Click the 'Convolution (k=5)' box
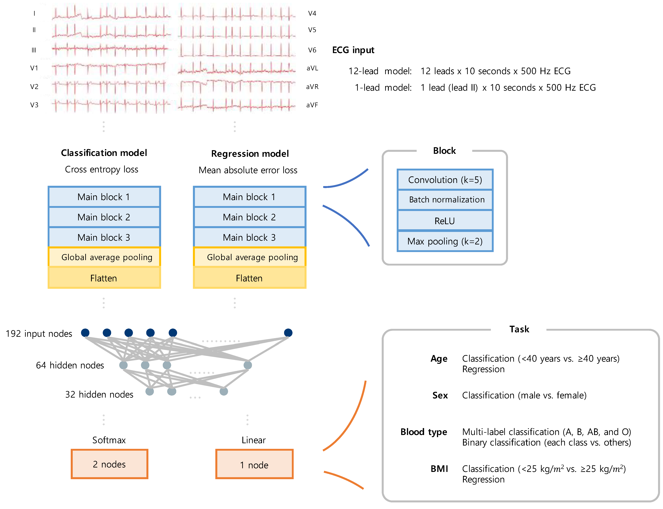[x=445, y=180]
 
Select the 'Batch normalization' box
[x=445, y=200]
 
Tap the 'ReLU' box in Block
[x=445, y=221]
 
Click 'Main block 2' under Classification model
[x=104, y=217]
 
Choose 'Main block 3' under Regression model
[x=249, y=237]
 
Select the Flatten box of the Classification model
[x=104, y=278]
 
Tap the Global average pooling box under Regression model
[x=249, y=257]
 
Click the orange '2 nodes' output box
[x=109, y=464]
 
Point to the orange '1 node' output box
[x=254, y=465]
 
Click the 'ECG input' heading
[x=353, y=50]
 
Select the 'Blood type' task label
[x=424, y=432]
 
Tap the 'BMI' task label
[x=439, y=469]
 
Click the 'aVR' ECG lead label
[x=312, y=87]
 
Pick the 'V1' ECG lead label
[x=34, y=68]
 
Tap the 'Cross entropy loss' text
[x=102, y=169]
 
